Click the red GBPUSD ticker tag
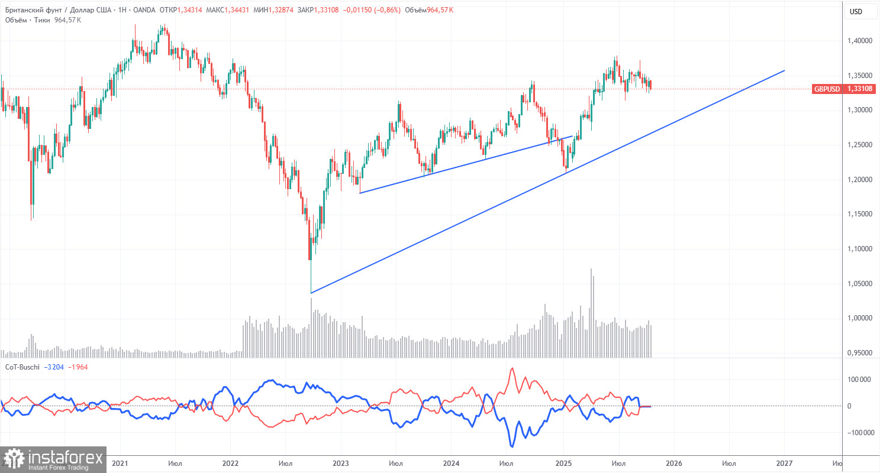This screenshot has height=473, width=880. [x=827, y=89]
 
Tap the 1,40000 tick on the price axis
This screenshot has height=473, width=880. [x=861, y=41]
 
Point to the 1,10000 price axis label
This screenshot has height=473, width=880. [x=861, y=249]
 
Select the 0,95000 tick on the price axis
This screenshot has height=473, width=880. [x=861, y=353]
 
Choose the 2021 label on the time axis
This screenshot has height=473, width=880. [x=121, y=464]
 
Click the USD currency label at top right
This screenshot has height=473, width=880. [x=856, y=11]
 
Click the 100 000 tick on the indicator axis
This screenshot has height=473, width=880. [x=859, y=379]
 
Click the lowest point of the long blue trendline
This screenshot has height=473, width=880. [x=311, y=293]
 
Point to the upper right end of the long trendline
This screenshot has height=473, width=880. [x=784, y=71]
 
